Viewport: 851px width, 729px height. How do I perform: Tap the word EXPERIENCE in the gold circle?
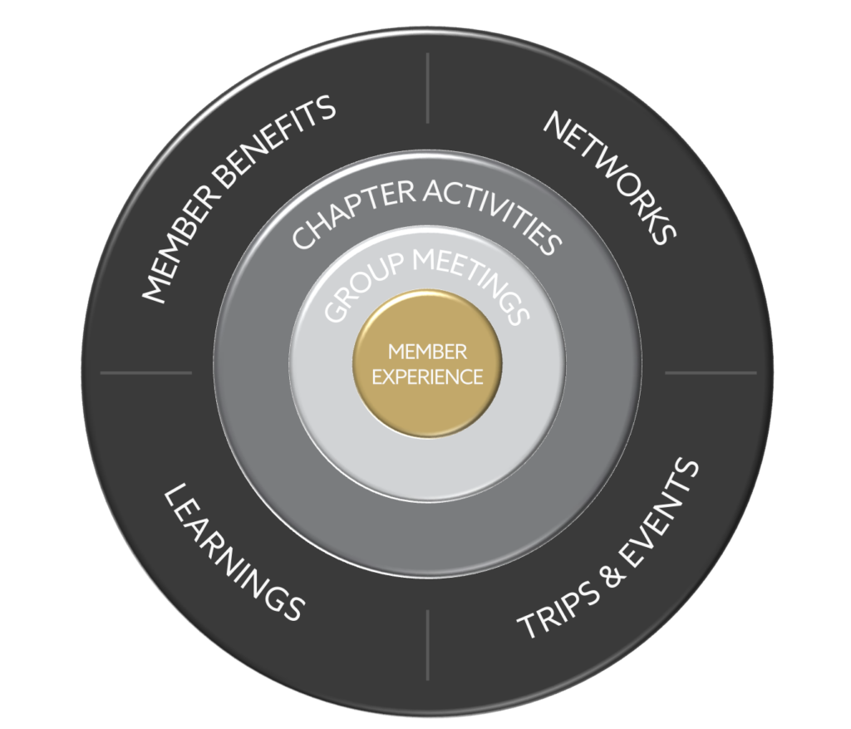[x=427, y=377]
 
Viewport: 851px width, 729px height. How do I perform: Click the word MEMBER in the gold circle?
[x=427, y=352]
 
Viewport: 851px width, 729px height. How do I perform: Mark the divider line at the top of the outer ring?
[x=427, y=88]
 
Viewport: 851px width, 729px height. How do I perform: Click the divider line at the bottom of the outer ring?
[x=427, y=644]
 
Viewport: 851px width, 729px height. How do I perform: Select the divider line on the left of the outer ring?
[x=146, y=372]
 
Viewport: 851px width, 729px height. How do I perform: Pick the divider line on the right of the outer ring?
[x=711, y=372]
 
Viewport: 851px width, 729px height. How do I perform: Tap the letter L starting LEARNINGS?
[x=174, y=499]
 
